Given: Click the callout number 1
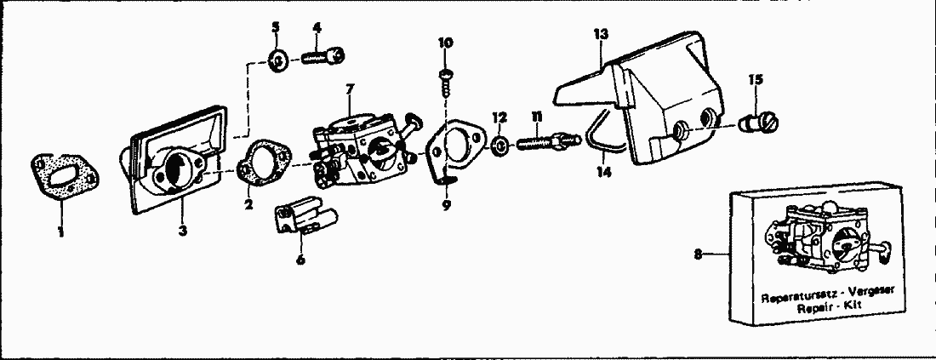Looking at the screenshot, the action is point(61,231).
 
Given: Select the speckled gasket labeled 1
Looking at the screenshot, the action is point(65,177).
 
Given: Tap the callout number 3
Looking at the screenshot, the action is point(183,230).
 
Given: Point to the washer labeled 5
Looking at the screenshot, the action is point(277,60).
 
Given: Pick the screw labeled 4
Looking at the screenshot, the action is point(323,57).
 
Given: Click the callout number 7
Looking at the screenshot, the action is point(350,89).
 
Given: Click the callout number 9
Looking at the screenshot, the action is point(447,205).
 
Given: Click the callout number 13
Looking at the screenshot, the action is point(601,34).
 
